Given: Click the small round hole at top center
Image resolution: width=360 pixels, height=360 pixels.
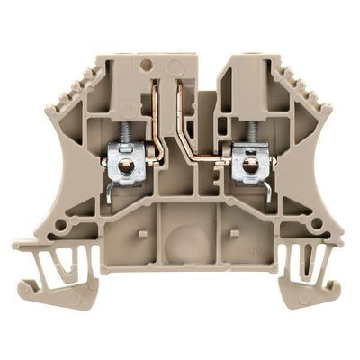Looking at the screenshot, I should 147,64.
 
